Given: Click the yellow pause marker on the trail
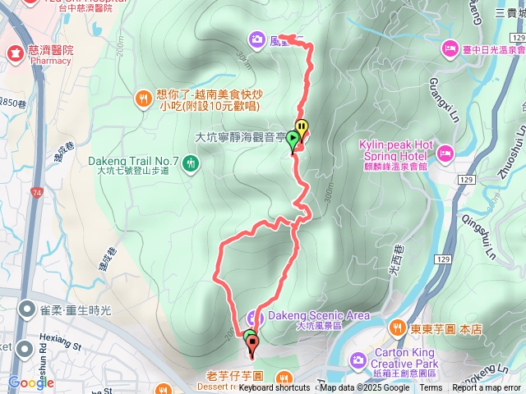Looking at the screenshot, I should (302, 128).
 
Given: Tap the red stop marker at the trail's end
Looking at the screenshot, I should (251, 344).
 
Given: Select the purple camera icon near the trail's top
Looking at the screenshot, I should (256, 38).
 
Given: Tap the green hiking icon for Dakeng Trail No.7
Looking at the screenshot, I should (191, 163).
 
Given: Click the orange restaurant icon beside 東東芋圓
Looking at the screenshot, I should (397, 328).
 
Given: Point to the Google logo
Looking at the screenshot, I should (31, 383).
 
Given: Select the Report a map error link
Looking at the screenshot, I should (487, 388).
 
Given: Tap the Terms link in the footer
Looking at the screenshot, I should (431, 388).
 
